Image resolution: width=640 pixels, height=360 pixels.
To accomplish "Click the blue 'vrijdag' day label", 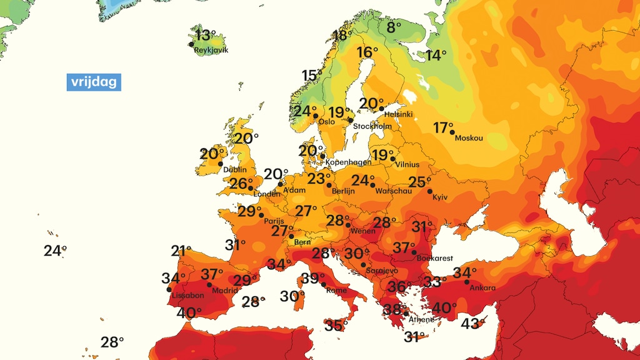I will click(x=94, y=82).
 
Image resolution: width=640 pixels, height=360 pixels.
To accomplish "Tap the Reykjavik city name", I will click(x=211, y=50).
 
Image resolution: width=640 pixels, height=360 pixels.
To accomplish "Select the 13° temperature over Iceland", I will click(x=204, y=36).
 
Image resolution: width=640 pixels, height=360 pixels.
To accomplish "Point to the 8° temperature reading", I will click(x=394, y=27).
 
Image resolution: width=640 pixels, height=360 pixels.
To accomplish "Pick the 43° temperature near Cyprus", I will click(x=472, y=324).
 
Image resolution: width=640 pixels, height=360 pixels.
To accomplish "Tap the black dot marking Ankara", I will click(x=467, y=282).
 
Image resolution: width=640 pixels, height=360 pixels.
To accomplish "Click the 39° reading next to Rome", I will click(x=313, y=279).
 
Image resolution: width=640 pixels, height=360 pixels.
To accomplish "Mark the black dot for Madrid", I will click(x=210, y=284).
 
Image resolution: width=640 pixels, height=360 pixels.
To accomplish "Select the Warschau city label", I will click(x=393, y=191).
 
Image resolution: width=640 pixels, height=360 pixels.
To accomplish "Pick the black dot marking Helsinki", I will click(x=382, y=108).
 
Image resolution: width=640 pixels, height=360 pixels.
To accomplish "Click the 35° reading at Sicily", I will click(x=336, y=325).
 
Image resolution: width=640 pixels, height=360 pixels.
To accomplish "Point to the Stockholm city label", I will click(x=372, y=126).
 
